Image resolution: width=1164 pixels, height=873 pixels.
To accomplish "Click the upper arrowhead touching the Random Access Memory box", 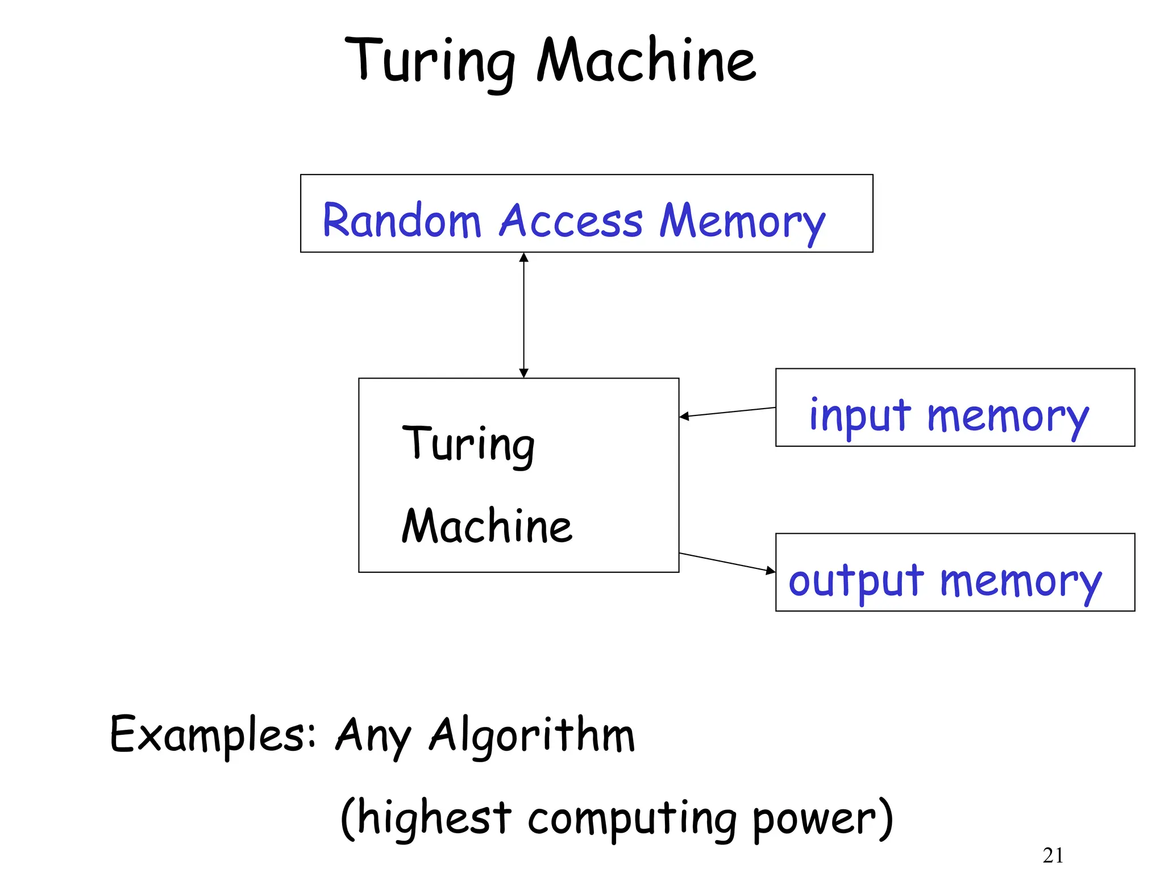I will point(524,257).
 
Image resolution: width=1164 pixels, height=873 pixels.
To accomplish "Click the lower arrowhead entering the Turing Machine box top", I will point(524,373).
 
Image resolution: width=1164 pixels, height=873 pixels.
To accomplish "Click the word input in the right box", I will point(859,416).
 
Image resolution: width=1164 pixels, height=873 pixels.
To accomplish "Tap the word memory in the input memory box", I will point(1007,417).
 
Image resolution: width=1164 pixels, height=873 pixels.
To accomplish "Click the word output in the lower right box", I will point(855,581).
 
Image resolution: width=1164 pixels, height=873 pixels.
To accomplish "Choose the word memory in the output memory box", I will point(1020,582).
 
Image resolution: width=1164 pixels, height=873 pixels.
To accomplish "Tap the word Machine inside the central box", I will point(487,526).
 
